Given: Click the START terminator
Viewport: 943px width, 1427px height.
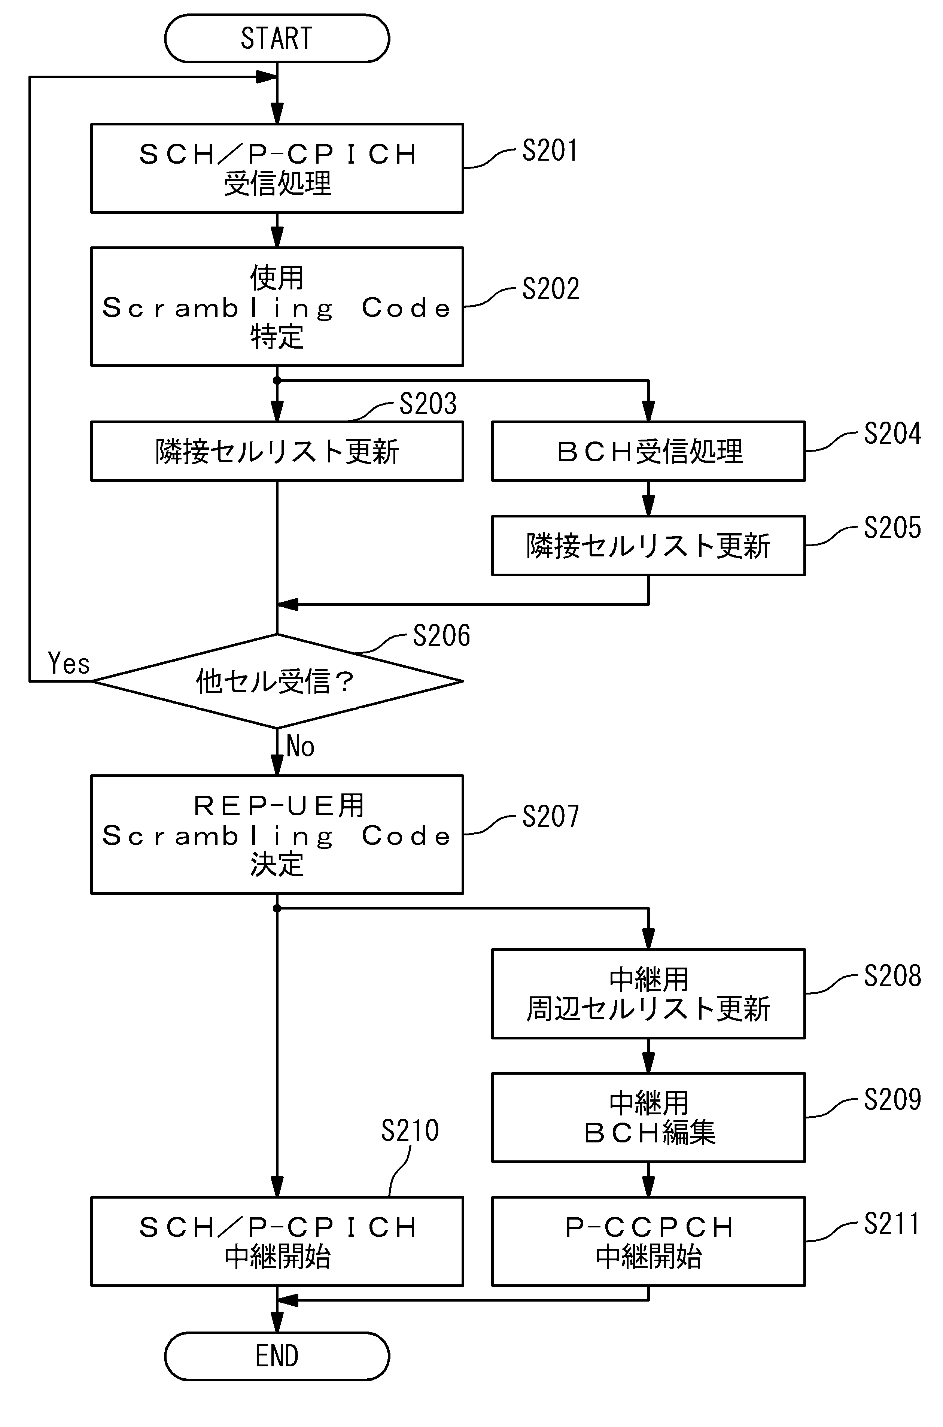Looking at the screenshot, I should [x=277, y=39].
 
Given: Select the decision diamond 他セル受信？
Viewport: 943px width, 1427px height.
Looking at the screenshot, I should [x=277, y=681].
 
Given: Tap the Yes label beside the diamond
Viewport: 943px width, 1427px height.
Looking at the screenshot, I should [x=69, y=664].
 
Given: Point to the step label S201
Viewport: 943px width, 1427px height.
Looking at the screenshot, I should [x=550, y=151].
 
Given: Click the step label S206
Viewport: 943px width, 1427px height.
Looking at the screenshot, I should [x=441, y=635].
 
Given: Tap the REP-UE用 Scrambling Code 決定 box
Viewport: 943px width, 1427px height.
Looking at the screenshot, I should [x=277, y=834].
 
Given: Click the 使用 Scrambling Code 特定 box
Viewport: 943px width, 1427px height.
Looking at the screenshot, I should [x=277, y=307].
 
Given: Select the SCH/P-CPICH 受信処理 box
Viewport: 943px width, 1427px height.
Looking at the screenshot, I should [x=277, y=168].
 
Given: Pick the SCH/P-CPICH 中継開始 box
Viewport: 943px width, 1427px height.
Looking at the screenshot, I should [x=277, y=1242].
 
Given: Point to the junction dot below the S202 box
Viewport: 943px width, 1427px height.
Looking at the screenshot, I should [x=277, y=380].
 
